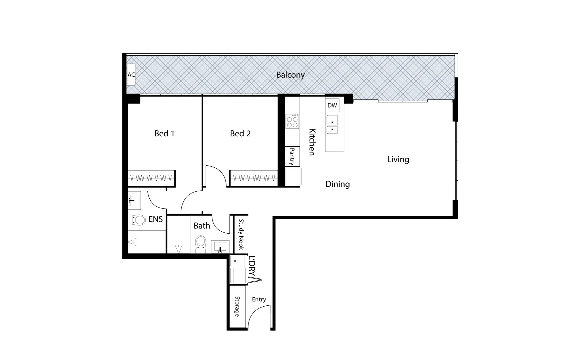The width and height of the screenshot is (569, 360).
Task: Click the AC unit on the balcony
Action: click(x=131, y=75)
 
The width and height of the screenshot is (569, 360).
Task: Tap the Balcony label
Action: click(x=290, y=75)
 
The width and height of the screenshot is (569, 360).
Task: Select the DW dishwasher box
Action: click(x=332, y=105)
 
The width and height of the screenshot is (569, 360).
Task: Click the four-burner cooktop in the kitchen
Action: click(x=292, y=121)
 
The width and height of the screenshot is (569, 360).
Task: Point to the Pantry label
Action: click(x=292, y=156)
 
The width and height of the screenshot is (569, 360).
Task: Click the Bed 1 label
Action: click(x=164, y=134)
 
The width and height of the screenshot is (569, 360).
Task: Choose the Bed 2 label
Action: click(x=240, y=134)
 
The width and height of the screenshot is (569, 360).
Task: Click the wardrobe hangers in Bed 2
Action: click(x=254, y=178)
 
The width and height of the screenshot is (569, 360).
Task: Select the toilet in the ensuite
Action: click(x=137, y=220)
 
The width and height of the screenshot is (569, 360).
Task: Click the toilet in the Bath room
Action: click(x=201, y=242)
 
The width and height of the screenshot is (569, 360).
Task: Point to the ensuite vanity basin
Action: click(x=134, y=200)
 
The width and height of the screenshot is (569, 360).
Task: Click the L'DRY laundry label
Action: click(x=252, y=266)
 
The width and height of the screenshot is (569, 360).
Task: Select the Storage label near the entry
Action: click(x=237, y=306)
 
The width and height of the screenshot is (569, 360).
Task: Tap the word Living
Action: click(x=398, y=159)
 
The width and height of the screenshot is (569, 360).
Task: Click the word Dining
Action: click(x=338, y=184)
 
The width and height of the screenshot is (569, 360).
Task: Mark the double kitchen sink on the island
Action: click(x=332, y=125)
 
